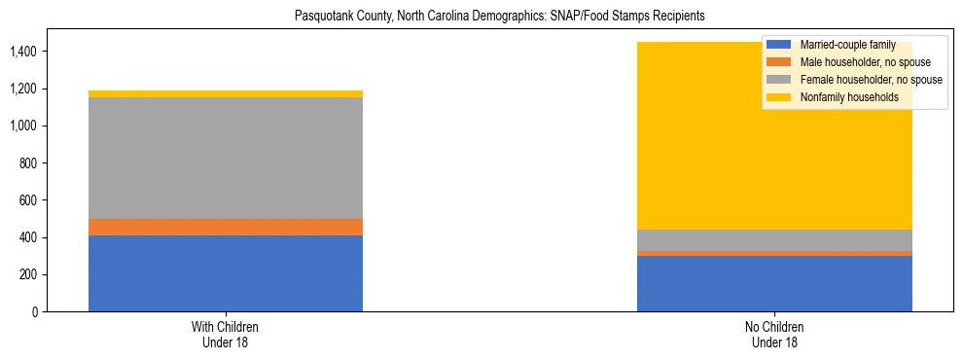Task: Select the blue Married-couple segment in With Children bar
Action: [226, 273]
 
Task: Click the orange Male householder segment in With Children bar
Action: [226, 227]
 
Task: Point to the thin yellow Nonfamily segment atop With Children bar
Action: [226, 93]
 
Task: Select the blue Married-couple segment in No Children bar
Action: [774, 283]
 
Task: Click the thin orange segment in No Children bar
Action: [774, 253]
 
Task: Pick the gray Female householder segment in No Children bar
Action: [774, 239]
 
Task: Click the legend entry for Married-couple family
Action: [842, 46]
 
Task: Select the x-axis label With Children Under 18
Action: [226, 334]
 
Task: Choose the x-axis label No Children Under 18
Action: [774, 334]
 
